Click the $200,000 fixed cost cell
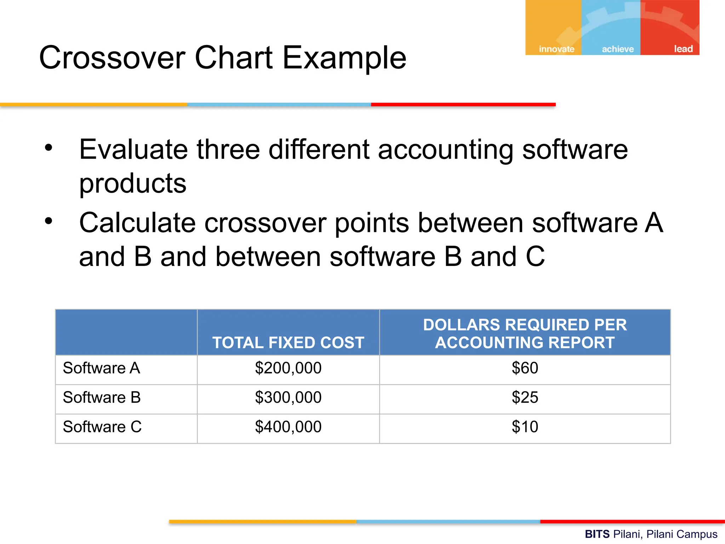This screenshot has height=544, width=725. (288, 368)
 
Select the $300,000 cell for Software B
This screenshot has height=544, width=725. (288, 398)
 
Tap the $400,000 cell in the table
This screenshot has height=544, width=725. (288, 427)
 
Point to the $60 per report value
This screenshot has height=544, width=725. (525, 368)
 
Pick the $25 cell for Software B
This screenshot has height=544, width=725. (525, 398)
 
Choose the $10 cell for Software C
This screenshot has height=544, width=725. (525, 427)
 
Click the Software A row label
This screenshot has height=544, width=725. (101, 368)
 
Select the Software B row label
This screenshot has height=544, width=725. (102, 398)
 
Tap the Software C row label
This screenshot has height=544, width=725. (102, 427)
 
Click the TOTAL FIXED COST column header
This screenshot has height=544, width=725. (288, 342)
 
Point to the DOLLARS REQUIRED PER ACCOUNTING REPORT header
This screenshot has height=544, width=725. (525, 334)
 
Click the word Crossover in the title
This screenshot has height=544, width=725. (112, 58)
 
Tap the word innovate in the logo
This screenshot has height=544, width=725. (556, 49)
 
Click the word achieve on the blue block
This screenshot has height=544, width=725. (618, 49)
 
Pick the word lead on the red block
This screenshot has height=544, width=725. (683, 49)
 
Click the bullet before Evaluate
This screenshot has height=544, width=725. (48, 148)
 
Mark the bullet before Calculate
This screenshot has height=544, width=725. (48, 221)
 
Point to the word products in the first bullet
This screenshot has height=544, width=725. (133, 184)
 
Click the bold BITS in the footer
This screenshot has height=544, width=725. (597, 534)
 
